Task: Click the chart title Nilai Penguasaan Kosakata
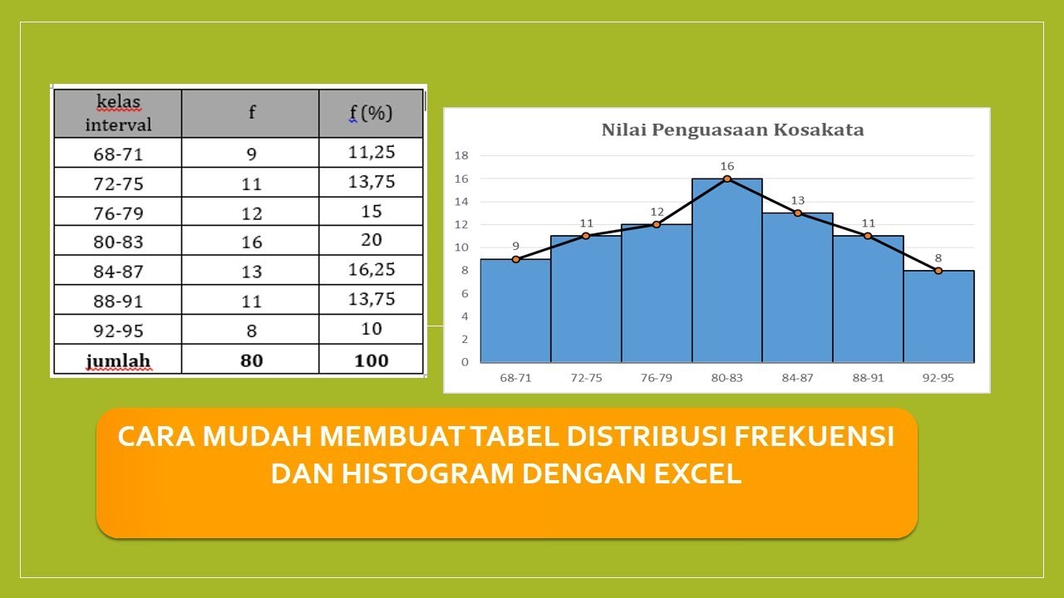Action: pos(732,130)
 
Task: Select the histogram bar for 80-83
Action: pos(727,274)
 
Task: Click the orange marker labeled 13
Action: pos(797,213)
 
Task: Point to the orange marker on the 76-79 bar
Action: pos(657,224)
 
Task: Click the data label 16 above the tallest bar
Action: pos(727,166)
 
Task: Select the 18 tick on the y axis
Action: pos(462,155)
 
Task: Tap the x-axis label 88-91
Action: pos(868,377)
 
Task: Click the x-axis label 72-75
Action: pos(586,377)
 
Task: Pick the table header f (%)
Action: pos(371,113)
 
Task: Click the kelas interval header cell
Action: pos(118,114)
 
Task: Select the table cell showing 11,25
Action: pos(371,152)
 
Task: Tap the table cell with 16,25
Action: pos(371,269)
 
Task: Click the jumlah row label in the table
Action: pos(118,360)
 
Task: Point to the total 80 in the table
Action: pos(251,360)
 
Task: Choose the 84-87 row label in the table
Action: pos(118,271)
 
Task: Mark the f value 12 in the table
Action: pos(251,213)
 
